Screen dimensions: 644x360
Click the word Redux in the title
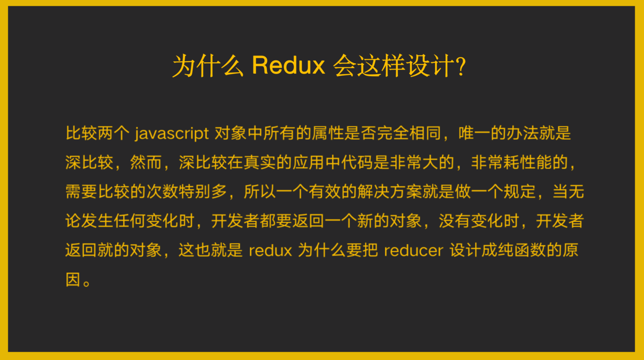click(x=288, y=65)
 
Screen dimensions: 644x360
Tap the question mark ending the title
click(x=461, y=66)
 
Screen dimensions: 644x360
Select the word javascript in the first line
click(x=171, y=134)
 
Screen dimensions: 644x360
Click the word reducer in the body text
click(x=413, y=250)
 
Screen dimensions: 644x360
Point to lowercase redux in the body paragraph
click(x=270, y=250)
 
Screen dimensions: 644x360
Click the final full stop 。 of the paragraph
click(x=87, y=283)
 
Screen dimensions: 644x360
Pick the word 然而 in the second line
click(x=146, y=163)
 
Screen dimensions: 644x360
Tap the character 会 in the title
click(x=344, y=66)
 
